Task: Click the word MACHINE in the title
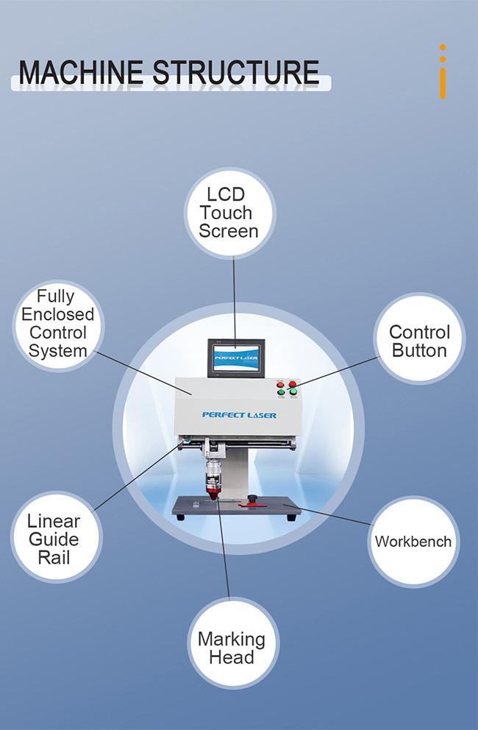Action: point(80,73)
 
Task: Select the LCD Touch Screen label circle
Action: point(230,213)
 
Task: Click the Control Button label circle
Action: point(419,339)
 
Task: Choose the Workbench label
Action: point(413,542)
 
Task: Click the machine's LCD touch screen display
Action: point(236,358)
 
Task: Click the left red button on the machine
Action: point(280,385)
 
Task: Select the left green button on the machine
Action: point(281,393)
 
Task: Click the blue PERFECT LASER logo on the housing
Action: point(239,415)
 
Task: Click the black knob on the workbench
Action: point(253,499)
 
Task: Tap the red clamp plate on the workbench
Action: point(252,504)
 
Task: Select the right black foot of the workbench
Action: point(291,518)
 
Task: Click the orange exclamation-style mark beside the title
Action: point(443,71)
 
